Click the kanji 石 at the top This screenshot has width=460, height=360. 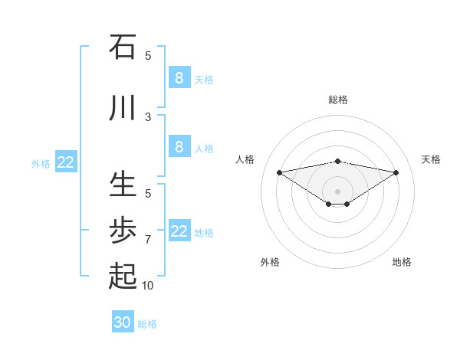(x=123, y=47)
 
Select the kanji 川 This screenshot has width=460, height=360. (x=123, y=108)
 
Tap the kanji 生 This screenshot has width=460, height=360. (x=123, y=185)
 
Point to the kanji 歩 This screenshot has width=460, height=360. (x=123, y=231)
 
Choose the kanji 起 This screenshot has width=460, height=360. (x=123, y=277)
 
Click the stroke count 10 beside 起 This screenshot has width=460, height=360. (x=148, y=285)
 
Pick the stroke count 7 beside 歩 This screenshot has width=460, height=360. (x=148, y=239)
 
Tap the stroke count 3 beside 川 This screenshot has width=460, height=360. (x=148, y=116)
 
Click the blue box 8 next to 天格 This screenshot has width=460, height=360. (x=179, y=77)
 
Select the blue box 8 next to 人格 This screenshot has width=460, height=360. (x=179, y=147)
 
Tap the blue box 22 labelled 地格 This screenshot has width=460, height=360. (x=179, y=231)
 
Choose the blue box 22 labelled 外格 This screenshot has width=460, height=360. (x=66, y=162)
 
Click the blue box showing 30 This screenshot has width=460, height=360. (x=123, y=322)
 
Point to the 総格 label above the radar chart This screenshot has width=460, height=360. (x=337, y=100)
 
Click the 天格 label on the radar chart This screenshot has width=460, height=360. (x=431, y=159)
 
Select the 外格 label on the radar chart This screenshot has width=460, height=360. (x=270, y=262)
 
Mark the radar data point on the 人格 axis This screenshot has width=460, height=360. (x=279, y=172)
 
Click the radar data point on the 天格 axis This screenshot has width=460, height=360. (x=396, y=172)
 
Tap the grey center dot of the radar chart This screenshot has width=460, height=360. (x=337, y=191)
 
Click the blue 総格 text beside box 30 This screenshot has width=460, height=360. (x=148, y=324)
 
